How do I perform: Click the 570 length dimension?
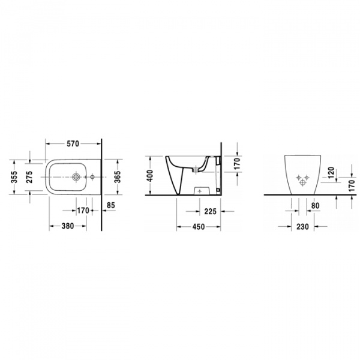coord(73,144)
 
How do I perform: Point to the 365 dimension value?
coord(118,176)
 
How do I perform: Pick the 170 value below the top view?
coord(83,211)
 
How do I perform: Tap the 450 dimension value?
coord(198,227)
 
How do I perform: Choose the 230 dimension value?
coord(303,227)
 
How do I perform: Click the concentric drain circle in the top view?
coord(76,177)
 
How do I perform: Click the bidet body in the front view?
coord(303,175)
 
